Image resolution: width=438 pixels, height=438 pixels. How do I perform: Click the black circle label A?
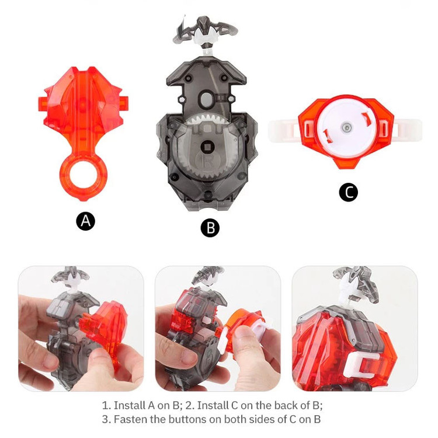coord(85,221)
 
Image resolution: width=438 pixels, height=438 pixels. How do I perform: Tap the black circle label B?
coord(210,228)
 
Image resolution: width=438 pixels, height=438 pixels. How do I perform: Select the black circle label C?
coord(348,192)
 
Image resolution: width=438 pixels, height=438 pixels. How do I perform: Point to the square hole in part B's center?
coord(208,147)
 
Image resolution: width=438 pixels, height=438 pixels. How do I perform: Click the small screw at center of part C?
coord(346,127)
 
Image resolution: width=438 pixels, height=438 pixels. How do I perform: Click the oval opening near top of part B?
coord(206,99)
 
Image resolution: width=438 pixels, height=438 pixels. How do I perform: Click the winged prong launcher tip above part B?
coord(206,30)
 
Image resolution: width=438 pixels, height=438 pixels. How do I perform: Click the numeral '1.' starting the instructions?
coord(106,405)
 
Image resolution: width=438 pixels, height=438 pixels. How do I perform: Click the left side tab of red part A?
coord(43,103)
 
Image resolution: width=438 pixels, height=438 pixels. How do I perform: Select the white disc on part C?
coord(345,127)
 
